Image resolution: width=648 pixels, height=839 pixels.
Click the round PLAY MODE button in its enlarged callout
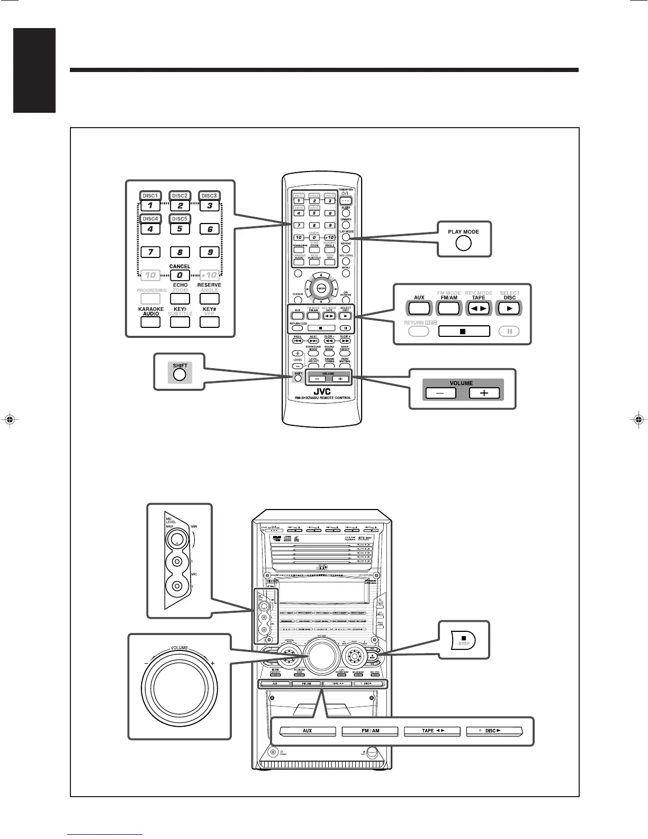pos(463,243)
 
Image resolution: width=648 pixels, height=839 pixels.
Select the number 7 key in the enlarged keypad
pos(150,252)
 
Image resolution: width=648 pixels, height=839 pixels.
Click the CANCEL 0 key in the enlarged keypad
pos(180,275)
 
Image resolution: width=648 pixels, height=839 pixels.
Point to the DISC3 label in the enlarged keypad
pos(210,195)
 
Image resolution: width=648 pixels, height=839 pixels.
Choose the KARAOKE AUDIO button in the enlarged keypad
pos(150,321)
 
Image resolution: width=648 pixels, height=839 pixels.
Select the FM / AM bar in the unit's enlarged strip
pos(370,731)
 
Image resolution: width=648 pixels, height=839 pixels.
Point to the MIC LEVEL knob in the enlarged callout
pos(176,539)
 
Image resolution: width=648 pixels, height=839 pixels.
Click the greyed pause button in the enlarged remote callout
pos(509,332)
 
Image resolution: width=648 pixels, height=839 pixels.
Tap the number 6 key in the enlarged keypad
pos(210,229)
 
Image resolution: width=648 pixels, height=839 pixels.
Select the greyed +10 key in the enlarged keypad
pos(210,275)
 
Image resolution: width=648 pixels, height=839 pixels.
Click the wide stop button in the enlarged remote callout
pos(464,332)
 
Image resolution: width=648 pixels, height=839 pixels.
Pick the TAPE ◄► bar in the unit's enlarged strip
pos(432,731)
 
